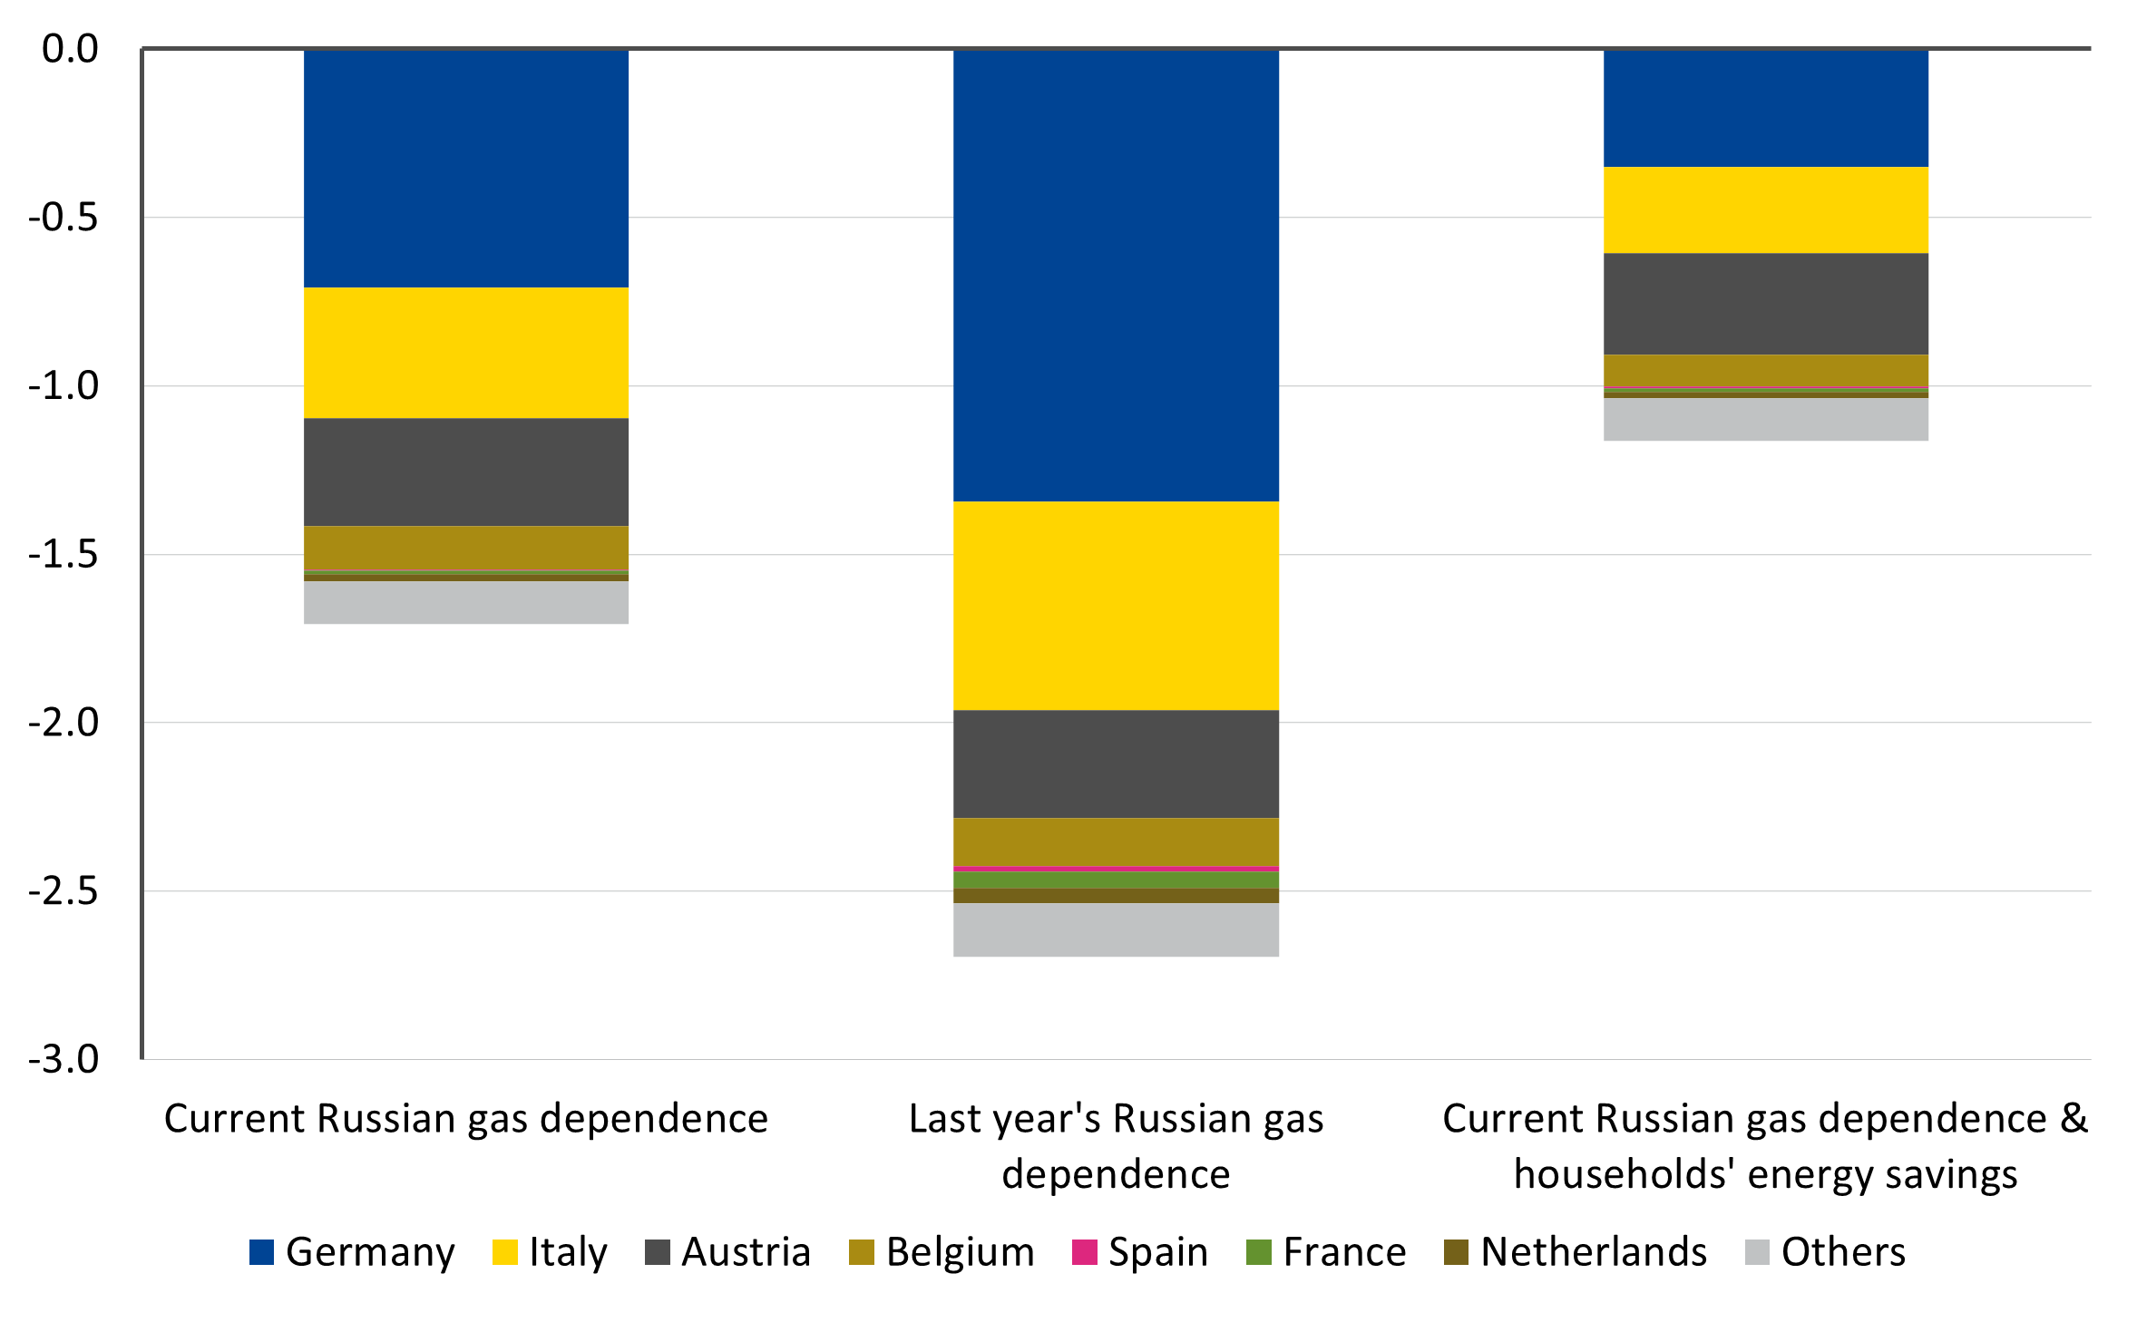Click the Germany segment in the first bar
point(465,168)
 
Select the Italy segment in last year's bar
point(1116,605)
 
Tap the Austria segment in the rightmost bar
point(1765,303)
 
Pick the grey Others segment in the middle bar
point(1116,929)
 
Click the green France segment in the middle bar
point(1116,880)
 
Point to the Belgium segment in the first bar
point(465,547)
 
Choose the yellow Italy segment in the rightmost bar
point(1765,209)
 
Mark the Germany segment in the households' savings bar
point(1765,108)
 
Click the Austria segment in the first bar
point(465,472)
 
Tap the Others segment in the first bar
point(465,602)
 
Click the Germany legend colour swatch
point(261,1252)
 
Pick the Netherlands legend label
point(1593,1252)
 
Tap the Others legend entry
point(1842,1252)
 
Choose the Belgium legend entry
point(960,1252)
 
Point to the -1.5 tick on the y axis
point(63,554)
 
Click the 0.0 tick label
point(70,49)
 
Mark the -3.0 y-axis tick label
point(63,1059)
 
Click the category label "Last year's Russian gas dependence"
point(1116,1145)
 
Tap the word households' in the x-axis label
point(1625,1174)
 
